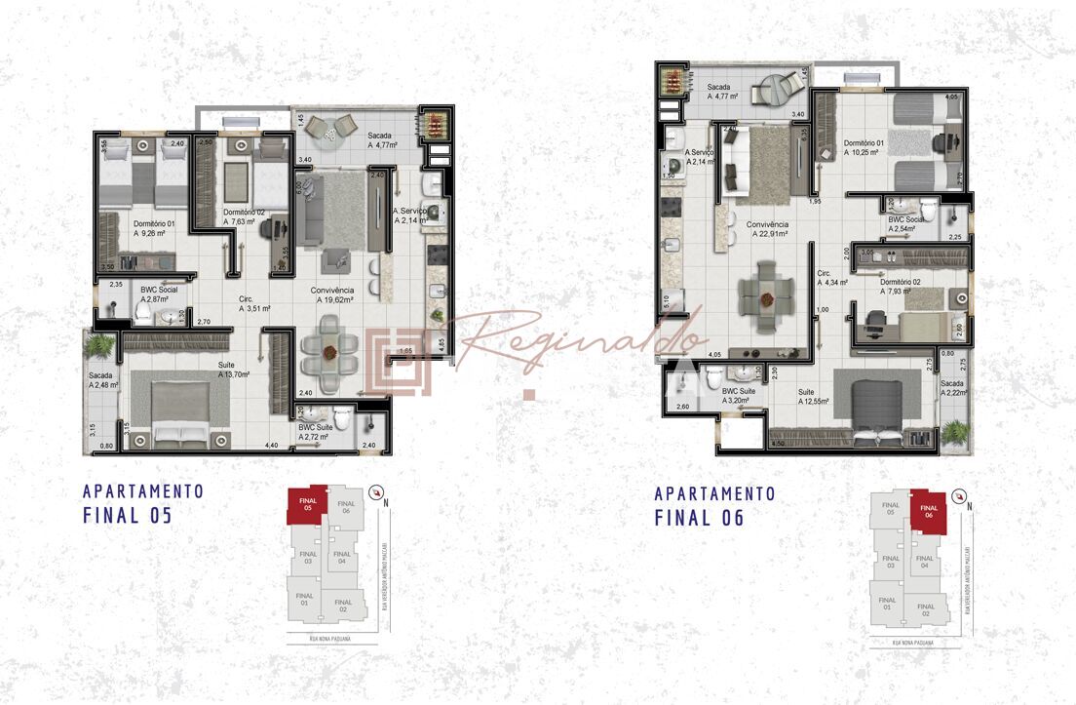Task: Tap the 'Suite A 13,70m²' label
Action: click(x=234, y=370)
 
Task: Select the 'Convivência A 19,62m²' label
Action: click(x=333, y=294)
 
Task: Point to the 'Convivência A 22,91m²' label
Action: click(x=768, y=229)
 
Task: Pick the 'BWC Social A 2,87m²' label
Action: click(x=158, y=295)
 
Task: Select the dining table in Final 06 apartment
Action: click(x=760, y=294)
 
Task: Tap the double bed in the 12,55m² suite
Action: click(x=880, y=406)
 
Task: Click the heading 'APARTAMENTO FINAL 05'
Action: click(x=143, y=503)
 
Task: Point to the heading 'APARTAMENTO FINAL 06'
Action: click(x=714, y=505)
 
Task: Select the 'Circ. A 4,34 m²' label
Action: click(x=831, y=278)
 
